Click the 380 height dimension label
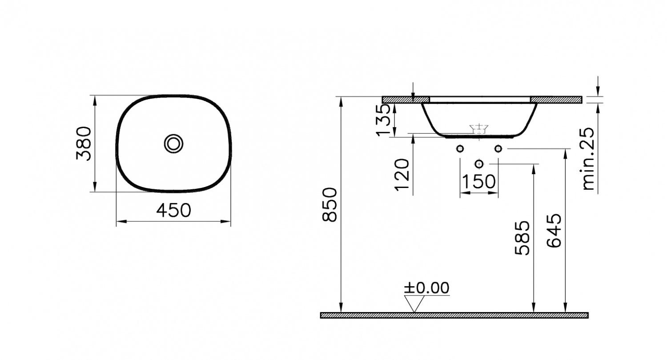pyautogui.click(x=83, y=144)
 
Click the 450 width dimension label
pyautogui.click(x=173, y=210)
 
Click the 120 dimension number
pyautogui.click(x=402, y=174)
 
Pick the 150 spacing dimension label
pyautogui.click(x=478, y=182)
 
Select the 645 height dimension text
pyautogui.click(x=554, y=230)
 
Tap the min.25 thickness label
pyautogui.click(x=588, y=159)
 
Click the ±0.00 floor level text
pyautogui.click(x=426, y=288)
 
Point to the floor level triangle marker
pyautogui.click(x=414, y=304)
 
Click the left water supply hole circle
pyautogui.click(x=460, y=148)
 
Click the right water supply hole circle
pyautogui.click(x=498, y=148)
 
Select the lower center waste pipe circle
pyautogui.click(x=479, y=164)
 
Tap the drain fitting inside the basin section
pyautogui.click(x=479, y=129)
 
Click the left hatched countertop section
pyautogui.click(x=406, y=100)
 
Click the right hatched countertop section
pyautogui.click(x=556, y=100)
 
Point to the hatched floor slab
pyautogui.click(x=454, y=315)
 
